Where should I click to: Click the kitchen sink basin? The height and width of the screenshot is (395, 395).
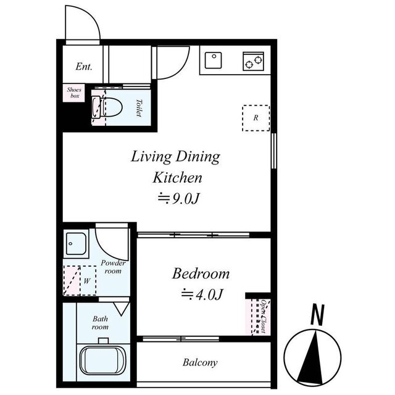[213, 60]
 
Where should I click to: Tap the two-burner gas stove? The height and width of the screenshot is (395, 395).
[254, 61]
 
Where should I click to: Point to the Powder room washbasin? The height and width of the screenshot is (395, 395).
[76, 244]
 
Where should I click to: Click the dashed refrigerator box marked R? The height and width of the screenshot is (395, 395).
[256, 118]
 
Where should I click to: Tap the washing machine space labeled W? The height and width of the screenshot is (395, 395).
[80, 280]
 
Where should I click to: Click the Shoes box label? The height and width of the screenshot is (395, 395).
[74, 93]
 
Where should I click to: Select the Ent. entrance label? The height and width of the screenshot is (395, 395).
[84, 67]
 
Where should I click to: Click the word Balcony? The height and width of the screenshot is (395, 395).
[200, 363]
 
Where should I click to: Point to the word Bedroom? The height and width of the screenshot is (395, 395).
[201, 273]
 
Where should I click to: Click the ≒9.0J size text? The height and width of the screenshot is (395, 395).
[179, 199]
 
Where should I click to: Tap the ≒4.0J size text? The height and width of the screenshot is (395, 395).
[202, 294]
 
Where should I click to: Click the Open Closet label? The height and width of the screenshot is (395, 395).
[264, 317]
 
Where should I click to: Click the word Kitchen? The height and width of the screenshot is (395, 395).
[177, 178]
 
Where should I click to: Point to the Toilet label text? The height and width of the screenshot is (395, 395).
[139, 108]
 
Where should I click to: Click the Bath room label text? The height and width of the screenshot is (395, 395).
[100, 323]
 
